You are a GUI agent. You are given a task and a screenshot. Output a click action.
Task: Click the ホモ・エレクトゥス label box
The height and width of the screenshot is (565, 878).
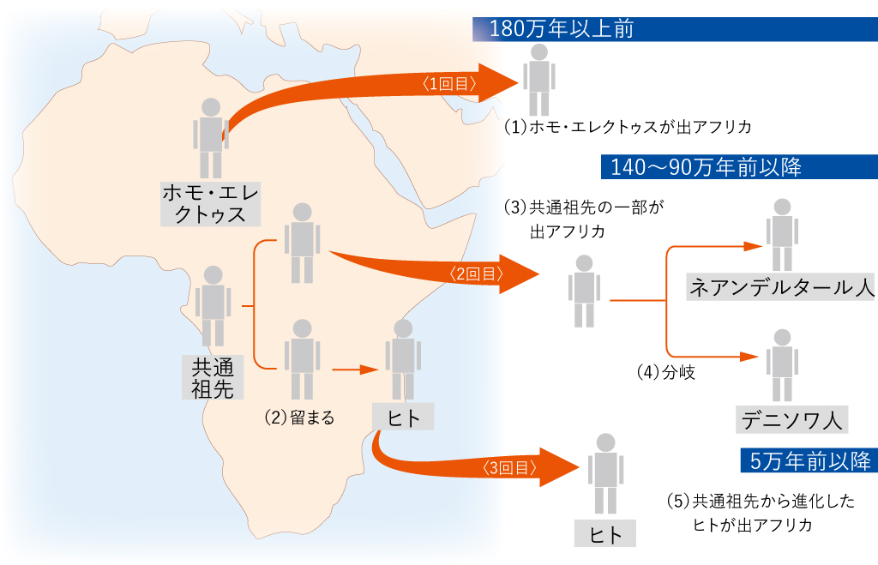(210, 202)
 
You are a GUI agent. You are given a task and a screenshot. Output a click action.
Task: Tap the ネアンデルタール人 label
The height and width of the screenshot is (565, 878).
(781, 287)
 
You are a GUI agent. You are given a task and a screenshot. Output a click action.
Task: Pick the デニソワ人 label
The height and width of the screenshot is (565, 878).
(791, 419)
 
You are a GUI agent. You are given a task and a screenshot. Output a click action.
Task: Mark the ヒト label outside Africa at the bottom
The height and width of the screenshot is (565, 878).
(606, 533)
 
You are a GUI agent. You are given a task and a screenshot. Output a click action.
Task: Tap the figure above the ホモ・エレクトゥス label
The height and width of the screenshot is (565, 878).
(210, 137)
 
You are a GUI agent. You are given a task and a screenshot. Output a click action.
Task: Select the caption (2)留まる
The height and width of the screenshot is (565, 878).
(299, 418)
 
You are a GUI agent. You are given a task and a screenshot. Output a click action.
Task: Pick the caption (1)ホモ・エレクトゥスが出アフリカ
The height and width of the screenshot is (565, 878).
(628, 128)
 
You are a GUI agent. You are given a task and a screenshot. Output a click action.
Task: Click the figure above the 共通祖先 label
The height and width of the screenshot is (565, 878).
(212, 304)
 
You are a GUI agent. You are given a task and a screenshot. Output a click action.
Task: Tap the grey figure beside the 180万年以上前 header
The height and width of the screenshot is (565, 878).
(538, 79)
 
